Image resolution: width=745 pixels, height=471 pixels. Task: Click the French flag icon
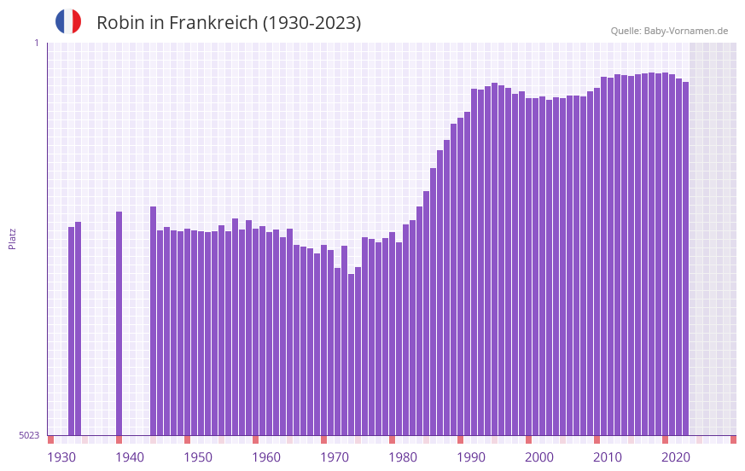(68, 21)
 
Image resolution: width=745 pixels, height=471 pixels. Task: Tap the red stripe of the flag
(77, 21)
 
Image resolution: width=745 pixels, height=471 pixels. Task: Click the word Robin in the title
(119, 23)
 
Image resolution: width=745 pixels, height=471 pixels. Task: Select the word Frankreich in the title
(213, 23)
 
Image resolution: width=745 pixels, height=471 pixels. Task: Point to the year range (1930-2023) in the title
(311, 23)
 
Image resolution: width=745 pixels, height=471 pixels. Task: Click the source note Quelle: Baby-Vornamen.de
(669, 32)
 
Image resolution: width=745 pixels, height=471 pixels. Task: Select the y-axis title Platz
(12, 238)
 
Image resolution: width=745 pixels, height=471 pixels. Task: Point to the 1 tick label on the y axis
(36, 43)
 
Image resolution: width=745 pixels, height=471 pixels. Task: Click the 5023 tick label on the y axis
(29, 435)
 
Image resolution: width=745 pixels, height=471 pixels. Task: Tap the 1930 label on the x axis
(61, 457)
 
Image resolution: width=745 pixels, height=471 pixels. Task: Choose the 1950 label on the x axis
(198, 457)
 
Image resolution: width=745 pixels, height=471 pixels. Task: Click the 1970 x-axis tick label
(335, 457)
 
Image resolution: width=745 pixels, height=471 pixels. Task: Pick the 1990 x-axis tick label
(471, 457)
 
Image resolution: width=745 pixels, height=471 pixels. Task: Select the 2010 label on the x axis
(608, 457)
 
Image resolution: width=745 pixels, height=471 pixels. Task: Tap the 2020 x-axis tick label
(676, 457)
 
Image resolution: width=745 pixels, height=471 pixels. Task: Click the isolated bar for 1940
(119, 323)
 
